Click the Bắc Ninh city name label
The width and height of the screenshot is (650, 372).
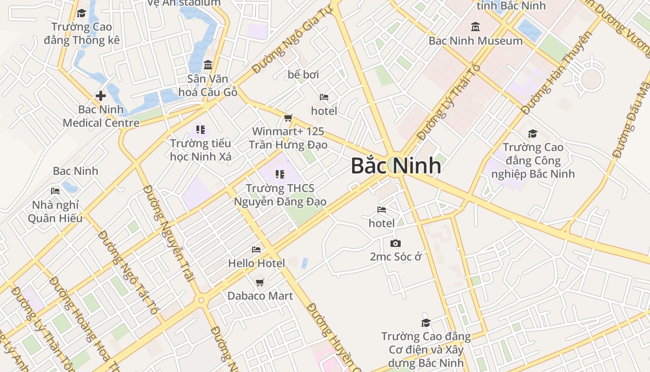tap(396, 166)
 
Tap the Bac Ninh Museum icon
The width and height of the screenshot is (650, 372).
tap(475, 27)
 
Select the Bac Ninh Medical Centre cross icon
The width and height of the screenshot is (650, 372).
tap(101, 96)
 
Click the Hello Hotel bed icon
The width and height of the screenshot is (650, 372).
tap(256, 250)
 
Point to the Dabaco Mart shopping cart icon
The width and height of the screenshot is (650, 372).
tap(260, 282)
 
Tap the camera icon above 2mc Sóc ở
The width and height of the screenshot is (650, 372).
tap(396, 243)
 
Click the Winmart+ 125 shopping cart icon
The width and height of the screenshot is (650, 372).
tap(288, 118)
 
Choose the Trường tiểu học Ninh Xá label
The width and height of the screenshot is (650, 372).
tap(201, 150)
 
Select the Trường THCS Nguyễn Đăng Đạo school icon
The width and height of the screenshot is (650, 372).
tap(279, 174)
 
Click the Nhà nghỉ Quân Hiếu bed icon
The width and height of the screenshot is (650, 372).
tap(55, 191)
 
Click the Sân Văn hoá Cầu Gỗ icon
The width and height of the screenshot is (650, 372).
tap(208, 65)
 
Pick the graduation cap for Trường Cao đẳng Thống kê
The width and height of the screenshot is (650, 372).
tap(82, 13)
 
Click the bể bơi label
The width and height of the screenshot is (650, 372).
tap(303, 74)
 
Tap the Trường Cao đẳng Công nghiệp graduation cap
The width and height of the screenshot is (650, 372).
tap(533, 134)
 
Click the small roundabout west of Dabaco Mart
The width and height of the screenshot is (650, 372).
tap(201, 300)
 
